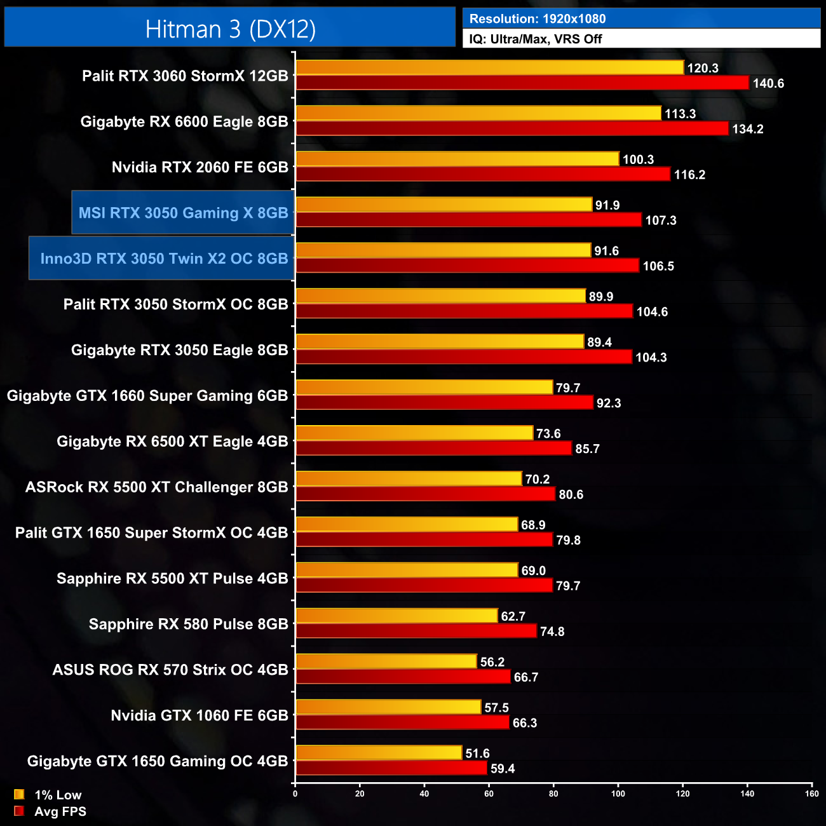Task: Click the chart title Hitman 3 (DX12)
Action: click(x=230, y=29)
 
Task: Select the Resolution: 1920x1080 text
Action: click(x=537, y=19)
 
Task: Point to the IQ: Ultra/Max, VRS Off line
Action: click(x=535, y=39)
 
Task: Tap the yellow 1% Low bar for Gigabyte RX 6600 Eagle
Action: click(x=478, y=113)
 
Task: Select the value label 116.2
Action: click(x=689, y=175)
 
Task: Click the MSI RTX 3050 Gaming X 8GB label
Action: click(x=183, y=213)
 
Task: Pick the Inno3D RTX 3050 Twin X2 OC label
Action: click(x=164, y=259)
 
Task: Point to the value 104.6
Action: click(x=652, y=312)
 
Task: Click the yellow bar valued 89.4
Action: click(x=440, y=342)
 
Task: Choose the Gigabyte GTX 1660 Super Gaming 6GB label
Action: click(x=147, y=396)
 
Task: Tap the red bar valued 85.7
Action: click(x=434, y=449)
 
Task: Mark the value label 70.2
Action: click(x=538, y=480)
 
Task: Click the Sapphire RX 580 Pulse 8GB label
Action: click(x=188, y=625)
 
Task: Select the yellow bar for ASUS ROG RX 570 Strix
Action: click(x=386, y=661)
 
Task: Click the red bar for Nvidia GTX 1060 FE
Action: click(x=403, y=722)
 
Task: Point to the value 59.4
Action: click(x=503, y=769)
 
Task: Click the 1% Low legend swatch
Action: click(x=19, y=794)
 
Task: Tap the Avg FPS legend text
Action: click(x=60, y=811)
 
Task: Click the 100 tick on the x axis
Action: click(x=618, y=793)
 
